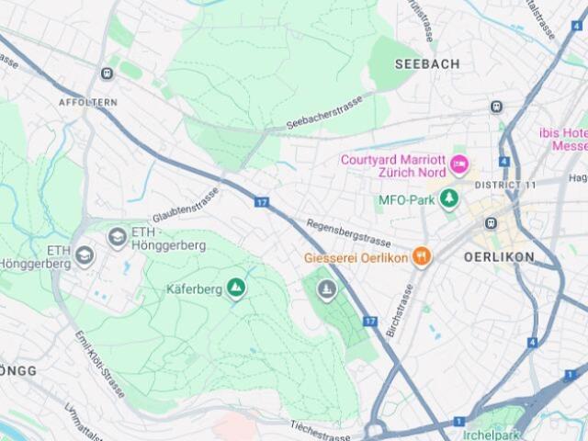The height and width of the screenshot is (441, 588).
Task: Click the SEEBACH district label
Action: [426, 63]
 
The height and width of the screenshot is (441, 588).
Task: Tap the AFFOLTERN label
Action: [87, 103]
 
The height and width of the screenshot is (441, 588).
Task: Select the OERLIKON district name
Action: [499, 257]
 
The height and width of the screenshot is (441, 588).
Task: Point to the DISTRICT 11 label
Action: [503, 186]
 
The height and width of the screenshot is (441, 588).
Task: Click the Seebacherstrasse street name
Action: [323, 110]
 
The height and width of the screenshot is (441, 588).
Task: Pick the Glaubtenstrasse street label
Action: [186, 205]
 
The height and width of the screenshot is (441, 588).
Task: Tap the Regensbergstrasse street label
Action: [348, 233]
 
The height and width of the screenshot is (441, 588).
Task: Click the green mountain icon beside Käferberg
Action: [237, 289]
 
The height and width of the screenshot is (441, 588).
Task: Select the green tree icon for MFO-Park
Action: [449, 198]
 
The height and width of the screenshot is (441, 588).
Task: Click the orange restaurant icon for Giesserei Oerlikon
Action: [422, 257]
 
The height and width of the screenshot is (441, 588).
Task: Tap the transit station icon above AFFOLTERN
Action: [107, 73]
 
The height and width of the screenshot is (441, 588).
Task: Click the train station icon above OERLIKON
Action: [492, 223]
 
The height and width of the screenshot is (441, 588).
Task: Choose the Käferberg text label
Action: [194, 289]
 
